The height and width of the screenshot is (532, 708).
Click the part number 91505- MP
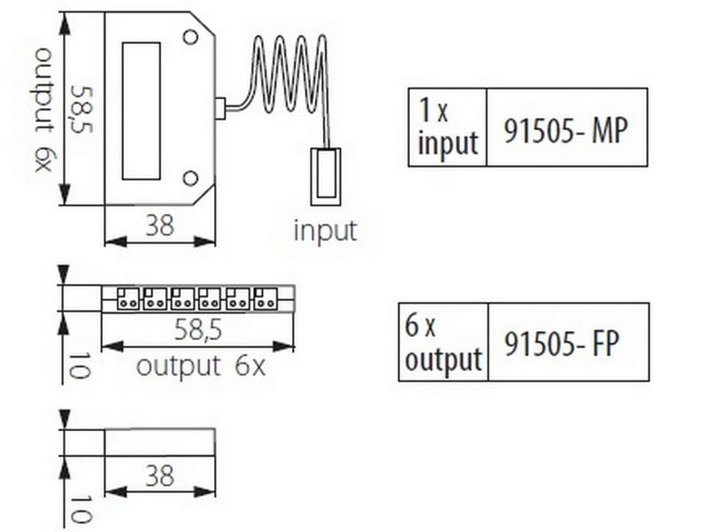pyautogui.click(x=566, y=130)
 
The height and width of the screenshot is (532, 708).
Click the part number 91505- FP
pyautogui.click(x=561, y=343)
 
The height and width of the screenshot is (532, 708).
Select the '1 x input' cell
pyautogui.click(x=448, y=127)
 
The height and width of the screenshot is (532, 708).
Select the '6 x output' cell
pyautogui.click(x=443, y=343)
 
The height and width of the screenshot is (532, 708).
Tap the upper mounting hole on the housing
pyautogui.click(x=190, y=37)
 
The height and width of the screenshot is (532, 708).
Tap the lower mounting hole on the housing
pyautogui.click(x=190, y=179)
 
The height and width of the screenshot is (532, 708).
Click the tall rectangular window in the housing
pyautogui.click(x=141, y=112)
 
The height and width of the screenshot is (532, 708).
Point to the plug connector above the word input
pyautogui.click(x=325, y=176)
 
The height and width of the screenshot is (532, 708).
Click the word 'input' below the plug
pyautogui.click(x=325, y=230)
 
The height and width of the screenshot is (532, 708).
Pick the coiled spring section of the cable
pyautogui.click(x=289, y=74)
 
